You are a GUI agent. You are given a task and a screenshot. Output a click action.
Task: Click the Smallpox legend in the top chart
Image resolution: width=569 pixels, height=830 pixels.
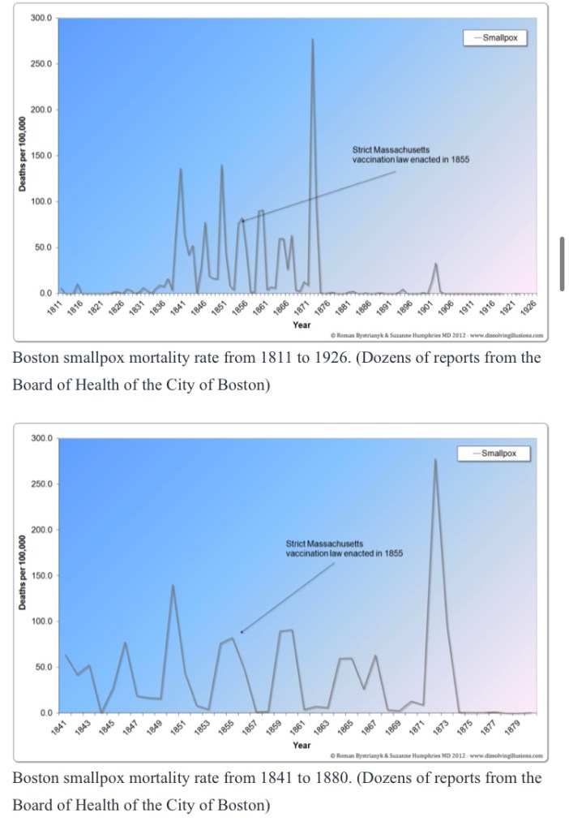496,37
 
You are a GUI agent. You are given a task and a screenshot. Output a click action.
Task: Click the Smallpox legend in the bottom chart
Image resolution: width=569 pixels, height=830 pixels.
496,453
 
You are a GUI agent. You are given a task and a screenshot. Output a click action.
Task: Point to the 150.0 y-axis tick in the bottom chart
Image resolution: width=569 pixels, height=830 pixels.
41,575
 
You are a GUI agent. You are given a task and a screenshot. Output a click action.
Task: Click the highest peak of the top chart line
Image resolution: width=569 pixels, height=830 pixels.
312,40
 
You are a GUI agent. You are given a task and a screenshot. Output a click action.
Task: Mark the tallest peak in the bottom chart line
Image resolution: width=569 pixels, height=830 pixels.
435,460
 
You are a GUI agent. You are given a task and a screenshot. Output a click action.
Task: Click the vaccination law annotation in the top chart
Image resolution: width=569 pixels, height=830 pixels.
410,154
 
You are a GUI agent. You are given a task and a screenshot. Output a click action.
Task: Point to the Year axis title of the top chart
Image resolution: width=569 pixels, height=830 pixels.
301,325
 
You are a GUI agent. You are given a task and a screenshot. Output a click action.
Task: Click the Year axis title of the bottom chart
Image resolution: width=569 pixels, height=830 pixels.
301,745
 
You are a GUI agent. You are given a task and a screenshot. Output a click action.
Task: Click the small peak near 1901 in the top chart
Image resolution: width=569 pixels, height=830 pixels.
435,264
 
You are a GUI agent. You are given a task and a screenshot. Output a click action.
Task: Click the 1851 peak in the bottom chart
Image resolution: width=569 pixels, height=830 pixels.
173,585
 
